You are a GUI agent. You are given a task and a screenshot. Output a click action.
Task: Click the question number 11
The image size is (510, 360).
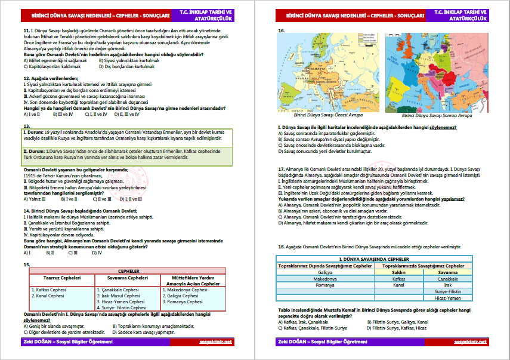click(x=26, y=29)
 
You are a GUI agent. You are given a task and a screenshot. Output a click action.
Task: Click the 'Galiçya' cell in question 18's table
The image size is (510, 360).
click(x=324, y=272)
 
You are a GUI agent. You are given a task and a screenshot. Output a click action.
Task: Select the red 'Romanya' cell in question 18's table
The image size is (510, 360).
click(x=324, y=285)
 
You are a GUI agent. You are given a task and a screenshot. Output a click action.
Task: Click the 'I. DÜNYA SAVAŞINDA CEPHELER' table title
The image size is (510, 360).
click(x=375, y=259)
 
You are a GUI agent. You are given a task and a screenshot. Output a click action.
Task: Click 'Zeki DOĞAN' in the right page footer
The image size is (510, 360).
click(x=292, y=341)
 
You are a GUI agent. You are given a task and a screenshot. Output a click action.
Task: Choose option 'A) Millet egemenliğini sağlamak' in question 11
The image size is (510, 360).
click(x=55, y=60)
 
